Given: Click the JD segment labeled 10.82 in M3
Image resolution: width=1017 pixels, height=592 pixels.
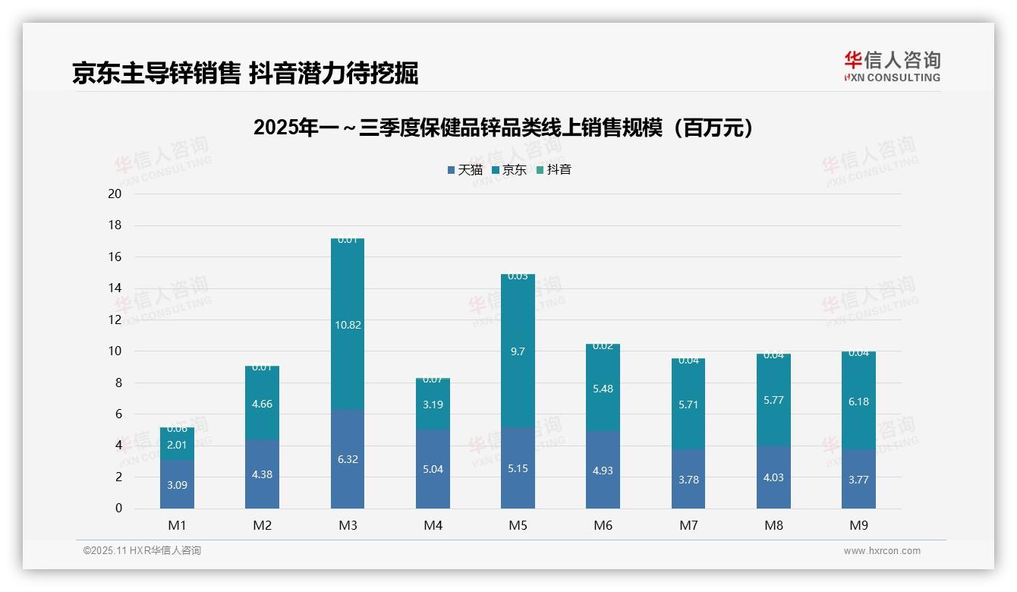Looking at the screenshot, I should (x=348, y=325).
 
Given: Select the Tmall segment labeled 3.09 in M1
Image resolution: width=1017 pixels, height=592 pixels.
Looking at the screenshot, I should (x=177, y=484).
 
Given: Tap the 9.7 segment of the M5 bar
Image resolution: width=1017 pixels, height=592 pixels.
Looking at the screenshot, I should (x=518, y=351).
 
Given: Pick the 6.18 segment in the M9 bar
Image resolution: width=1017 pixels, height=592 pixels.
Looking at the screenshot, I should (x=858, y=401).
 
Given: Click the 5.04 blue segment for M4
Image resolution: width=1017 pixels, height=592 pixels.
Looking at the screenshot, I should (x=433, y=469).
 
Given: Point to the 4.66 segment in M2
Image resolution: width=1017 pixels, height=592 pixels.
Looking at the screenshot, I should (x=262, y=404).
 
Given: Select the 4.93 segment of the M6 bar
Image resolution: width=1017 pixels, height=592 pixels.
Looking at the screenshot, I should (x=603, y=471).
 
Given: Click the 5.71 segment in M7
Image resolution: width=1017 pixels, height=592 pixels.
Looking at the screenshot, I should (x=688, y=405).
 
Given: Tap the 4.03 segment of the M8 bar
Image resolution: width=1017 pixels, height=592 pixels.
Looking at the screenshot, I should (x=773, y=477).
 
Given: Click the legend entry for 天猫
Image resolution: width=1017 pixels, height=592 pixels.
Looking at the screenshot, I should (x=465, y=170).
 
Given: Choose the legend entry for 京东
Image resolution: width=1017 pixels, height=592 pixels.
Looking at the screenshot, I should (x=509, y=170).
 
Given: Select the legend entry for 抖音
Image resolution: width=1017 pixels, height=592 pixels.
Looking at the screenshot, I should (x=554, y=170).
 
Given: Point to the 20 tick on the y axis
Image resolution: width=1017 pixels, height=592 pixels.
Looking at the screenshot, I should (x=115, y=194).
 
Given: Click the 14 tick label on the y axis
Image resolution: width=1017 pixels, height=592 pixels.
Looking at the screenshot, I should (x=115, y=288).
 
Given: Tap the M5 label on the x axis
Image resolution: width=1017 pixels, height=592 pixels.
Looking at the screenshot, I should (x=518, y=525).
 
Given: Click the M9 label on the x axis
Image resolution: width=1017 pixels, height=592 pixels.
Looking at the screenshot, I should (x=858, y=525).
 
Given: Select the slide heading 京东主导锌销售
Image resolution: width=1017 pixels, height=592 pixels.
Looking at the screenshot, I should (x=245, y=73).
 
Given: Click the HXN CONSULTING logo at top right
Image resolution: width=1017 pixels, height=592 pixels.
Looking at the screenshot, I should (x=892, y=66).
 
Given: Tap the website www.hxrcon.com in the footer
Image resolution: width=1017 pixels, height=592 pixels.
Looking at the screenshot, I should (x=882, y=551).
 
